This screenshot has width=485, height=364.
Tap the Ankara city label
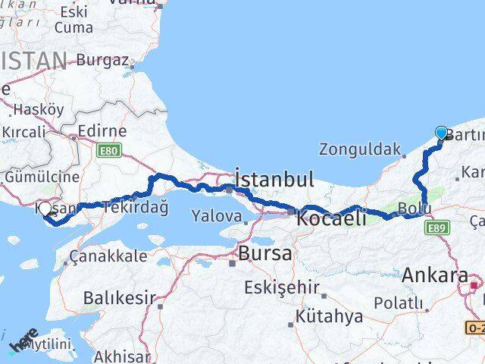[x=436, y=275]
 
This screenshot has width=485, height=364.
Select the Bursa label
[x=264, y=253]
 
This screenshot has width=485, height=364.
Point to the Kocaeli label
[x=331, y=218]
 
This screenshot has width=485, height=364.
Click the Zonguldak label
[x=357, y=149]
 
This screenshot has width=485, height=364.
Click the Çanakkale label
[x=108, y=256]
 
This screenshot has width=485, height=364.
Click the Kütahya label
[x=330, y=316]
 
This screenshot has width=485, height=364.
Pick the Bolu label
[x=415, y=207]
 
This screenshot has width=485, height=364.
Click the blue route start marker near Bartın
[x=441, y=133]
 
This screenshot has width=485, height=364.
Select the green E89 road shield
[x=437, y=227]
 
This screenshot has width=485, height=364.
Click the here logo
[x=23, y=341]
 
